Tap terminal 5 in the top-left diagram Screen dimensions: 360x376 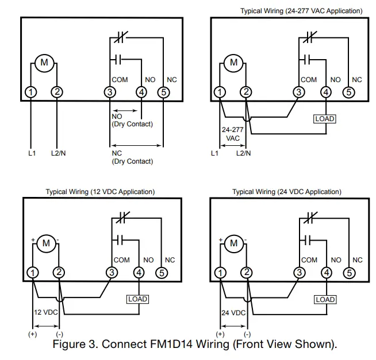(x=163, y=92)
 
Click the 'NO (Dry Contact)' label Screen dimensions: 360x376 (x=132, y=120)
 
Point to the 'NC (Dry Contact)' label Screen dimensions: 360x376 (x=132, y=157)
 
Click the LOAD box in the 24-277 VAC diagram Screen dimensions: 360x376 (x=325, y=119)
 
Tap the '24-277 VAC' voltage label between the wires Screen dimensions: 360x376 (x=233, y=134)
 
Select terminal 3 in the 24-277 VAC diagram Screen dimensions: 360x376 (x=298, y=92)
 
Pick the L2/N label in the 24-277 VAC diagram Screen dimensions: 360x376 (x=244, y=153)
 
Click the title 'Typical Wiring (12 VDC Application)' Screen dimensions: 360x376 (x=100, y=192)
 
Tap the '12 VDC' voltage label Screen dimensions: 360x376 (x=47, y=313)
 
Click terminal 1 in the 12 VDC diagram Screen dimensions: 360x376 (x=33, y=272)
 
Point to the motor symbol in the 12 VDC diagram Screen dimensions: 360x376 (x=46, y=243)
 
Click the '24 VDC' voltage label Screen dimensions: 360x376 (x=233, y=313)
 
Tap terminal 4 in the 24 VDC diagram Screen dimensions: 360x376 (x=325, y=272)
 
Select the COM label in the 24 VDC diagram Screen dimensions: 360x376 (x=309, y=260)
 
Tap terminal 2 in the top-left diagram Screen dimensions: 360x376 (x=57, y=92)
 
